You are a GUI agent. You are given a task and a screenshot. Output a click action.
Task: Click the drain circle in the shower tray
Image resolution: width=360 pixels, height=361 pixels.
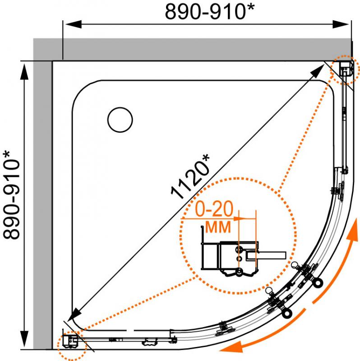[x=120, y=120]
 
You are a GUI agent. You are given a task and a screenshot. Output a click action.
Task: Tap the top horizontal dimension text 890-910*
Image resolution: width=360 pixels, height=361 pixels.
[x=210, y=11]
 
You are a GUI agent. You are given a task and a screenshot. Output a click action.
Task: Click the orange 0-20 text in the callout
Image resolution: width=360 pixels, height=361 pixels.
[x=214, y=209]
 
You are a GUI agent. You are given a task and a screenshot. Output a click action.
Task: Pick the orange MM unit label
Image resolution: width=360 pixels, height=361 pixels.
[x=218, y=227]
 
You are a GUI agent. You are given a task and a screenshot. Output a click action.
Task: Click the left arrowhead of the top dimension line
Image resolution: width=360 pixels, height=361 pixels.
[x=73, y=24]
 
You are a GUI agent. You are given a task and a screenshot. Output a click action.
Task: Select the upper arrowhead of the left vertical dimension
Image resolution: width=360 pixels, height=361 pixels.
[x=24, y=71]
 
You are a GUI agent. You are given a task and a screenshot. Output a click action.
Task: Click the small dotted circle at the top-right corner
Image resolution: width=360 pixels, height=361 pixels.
[x=345, y=70]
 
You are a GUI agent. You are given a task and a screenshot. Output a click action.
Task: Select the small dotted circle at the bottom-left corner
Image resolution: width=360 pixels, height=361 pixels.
[x=72, y=345]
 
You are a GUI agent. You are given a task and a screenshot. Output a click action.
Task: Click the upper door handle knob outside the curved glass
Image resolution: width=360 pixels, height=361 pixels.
[x=318, y=282]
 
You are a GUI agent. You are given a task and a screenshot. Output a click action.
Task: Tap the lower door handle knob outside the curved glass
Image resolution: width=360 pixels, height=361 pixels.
[x=287, y=313]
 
